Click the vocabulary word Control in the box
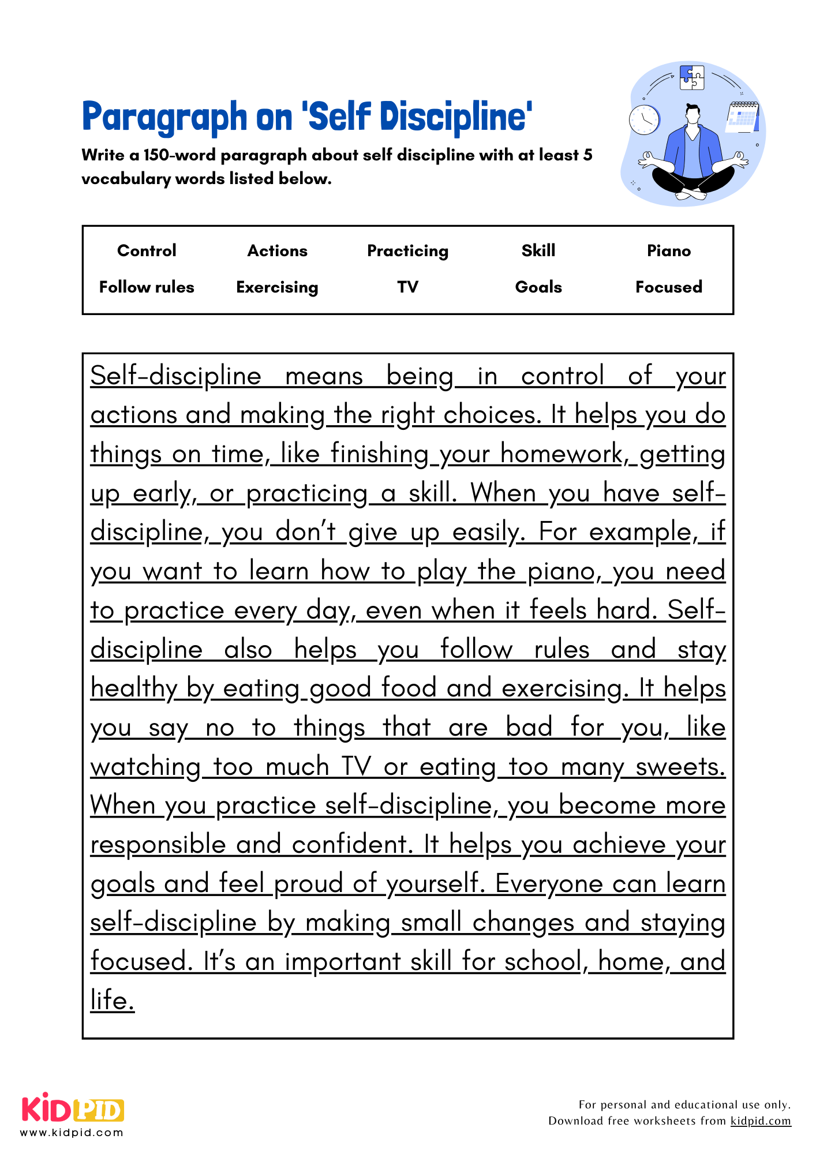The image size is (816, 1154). click(147, 250)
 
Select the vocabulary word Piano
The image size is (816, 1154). click(668, 250)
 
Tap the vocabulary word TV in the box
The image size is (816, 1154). click(407, 287)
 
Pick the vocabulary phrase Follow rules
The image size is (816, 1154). click(147, 287)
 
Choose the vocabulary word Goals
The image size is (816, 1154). click(538, 287)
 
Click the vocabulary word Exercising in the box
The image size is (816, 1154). click(277, 287)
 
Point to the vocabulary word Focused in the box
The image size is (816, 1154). click(668, 287)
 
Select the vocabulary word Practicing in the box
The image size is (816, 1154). click(407, 250)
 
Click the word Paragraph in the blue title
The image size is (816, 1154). click(164, 117)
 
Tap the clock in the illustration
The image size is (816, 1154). click(644, 120)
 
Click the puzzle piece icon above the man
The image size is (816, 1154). click(692, 77)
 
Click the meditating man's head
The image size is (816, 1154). click(693, 113)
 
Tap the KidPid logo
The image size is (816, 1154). click(73, 1109)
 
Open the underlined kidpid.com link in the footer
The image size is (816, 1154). click(761, 1121)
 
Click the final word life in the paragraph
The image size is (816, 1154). click(112, 1001)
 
